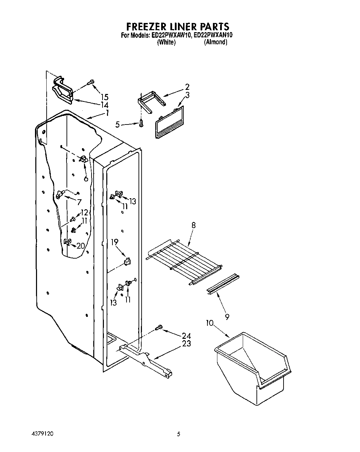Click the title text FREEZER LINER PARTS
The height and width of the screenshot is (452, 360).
pyautogui.click(x=178, y=26)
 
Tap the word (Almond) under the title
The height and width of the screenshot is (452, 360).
pyautogui.click(x=215, y=43)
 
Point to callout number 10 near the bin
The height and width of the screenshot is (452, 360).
pyautogui.click(x=210, y=323)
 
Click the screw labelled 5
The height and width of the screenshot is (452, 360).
pyautogui.click(x=141, y=123)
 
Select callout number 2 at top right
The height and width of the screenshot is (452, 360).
pyautogui.click(x=187, y=87)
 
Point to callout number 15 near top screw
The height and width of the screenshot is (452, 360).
pyautogui.click(x=104, y=97)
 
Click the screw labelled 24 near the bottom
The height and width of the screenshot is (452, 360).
pyautogui.click(x=158, y=329)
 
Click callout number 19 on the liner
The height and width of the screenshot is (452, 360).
pyautogui.click(x=115, y=242)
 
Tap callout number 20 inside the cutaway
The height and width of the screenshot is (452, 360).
pyautogui.click(x=81, y=246)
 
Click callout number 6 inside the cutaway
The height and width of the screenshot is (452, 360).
pyautogui.click(x=86, y=178)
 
